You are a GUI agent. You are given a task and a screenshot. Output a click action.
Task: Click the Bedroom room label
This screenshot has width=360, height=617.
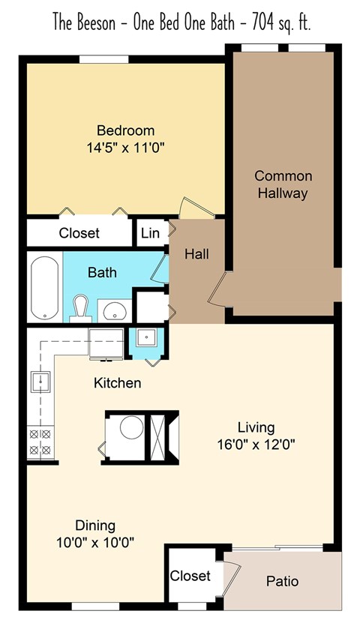(125, 130)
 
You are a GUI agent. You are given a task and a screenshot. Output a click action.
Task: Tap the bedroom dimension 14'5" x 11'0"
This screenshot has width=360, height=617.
(125, 148)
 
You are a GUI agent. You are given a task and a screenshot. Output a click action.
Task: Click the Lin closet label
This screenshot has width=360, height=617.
(150, 233)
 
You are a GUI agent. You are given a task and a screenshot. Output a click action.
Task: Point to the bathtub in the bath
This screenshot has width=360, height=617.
(45, 288)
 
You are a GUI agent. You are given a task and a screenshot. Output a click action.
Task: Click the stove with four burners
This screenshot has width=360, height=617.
(39, 442)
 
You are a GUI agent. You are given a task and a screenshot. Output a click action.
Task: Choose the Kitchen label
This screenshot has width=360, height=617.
(117, 383)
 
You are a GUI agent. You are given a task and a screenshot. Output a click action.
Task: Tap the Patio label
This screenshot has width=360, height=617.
(282, 581)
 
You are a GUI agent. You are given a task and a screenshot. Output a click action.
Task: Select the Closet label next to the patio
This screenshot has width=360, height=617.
(190, 576)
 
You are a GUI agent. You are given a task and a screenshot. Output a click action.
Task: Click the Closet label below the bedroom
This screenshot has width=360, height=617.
(79, 233)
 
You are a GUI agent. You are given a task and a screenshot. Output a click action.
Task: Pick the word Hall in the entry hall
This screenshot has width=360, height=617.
(196, 254)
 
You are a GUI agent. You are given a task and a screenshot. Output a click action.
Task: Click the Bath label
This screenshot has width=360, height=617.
(102, 272)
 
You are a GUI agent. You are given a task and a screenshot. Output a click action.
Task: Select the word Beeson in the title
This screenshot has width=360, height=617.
(99, 23)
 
